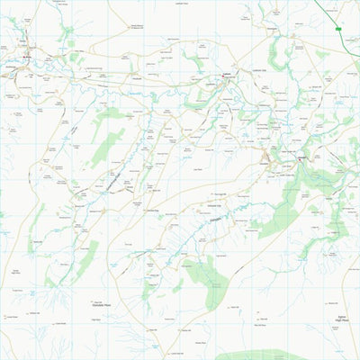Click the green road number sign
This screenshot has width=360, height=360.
click(339, 30)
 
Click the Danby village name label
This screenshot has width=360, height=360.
click(25, 53)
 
